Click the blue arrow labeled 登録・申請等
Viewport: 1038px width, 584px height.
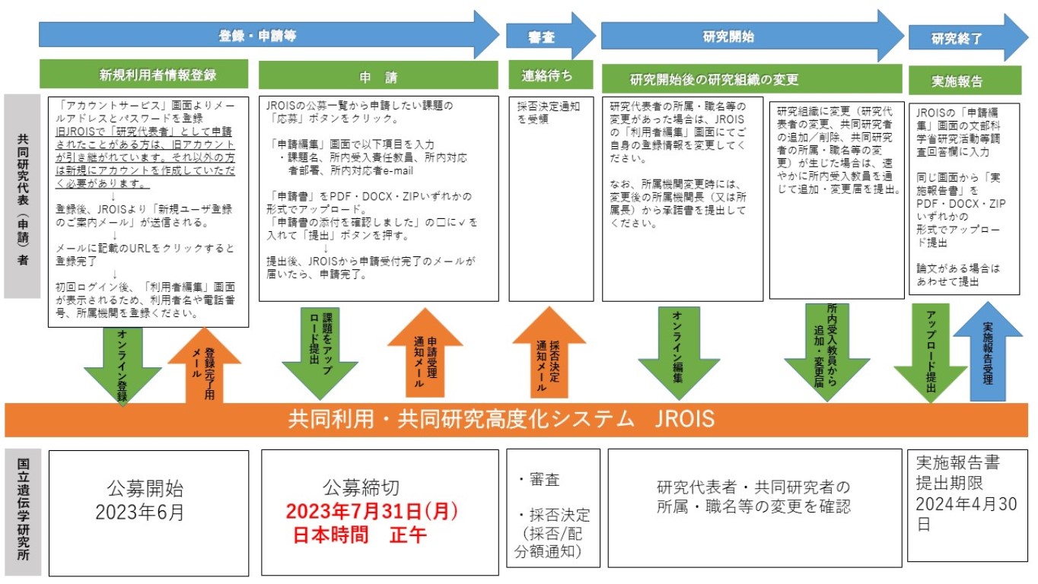click(x=259, y=35)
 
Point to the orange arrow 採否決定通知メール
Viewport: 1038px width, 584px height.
click(x=548, y=353)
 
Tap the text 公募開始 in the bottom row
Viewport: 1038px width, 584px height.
click(x=145, y=488)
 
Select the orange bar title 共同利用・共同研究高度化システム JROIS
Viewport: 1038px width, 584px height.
click(x=501, y=419)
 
